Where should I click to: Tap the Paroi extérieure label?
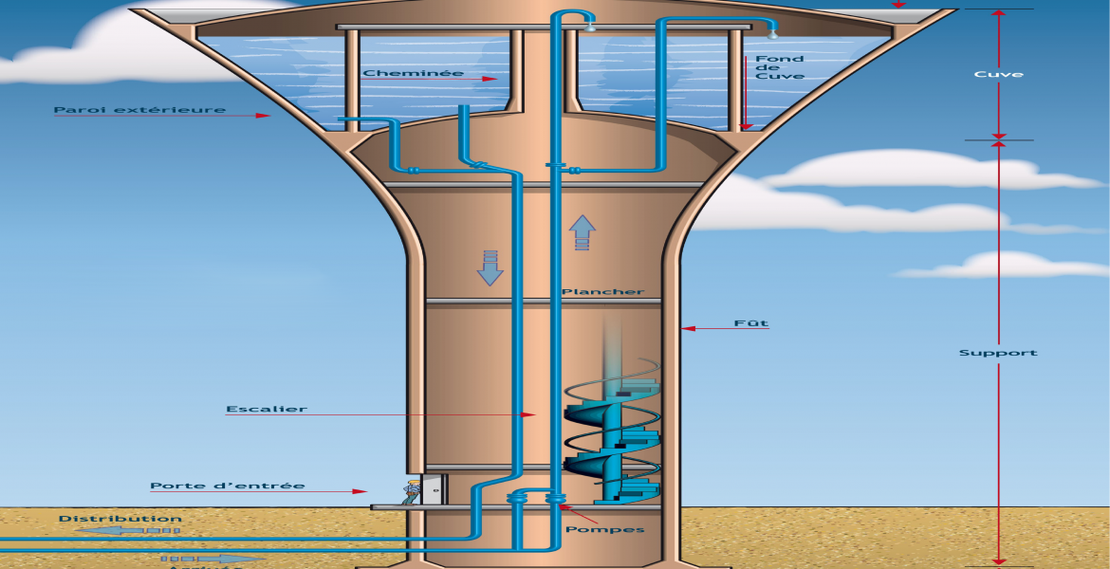pyautogui.click(x=139, y=110)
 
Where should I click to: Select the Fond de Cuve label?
pyautogui.click(x=779, y=67)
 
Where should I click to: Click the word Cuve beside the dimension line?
pyautogui.click(x=998, y=74)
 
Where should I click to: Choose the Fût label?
pyautogui.click(x=750, y=323)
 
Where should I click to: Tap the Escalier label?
pyautogui.click(x=266, y=410)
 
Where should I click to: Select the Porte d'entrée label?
pyautogui.click(x=227, y=486)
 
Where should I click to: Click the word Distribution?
pyautogui.click(x=120, y=519)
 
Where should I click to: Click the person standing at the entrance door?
pyautogui.click(x=412, y=491)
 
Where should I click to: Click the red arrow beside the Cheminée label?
pyautogui.click(x=483, y=79)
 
